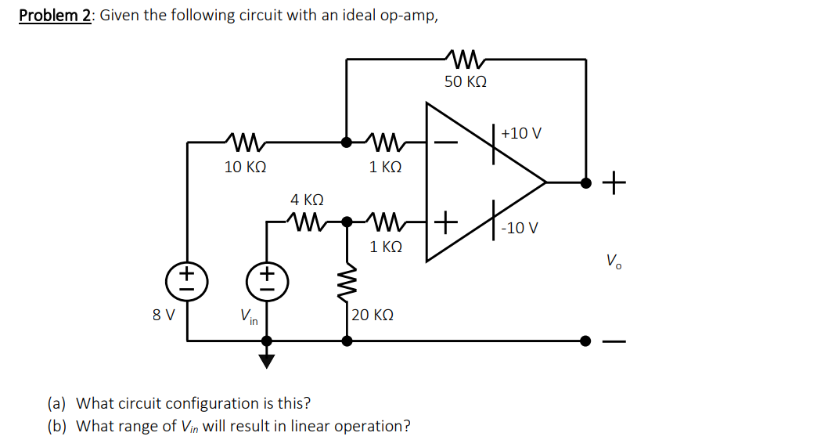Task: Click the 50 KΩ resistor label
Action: click(465, 82)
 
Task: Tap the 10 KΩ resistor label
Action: click(245, 167)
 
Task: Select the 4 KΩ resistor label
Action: click(307, 200)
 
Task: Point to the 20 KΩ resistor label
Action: click(373, 316)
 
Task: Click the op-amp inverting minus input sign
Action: click(443, 143)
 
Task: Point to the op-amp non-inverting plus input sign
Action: click(444, 222)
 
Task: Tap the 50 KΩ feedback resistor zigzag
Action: click(466, 58)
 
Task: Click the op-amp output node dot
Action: click(585, 182)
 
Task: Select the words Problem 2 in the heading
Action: click(55, 16)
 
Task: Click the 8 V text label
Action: click(164, 316)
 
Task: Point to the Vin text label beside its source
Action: click(250, 317)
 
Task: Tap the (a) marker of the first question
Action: click(57, 404)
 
